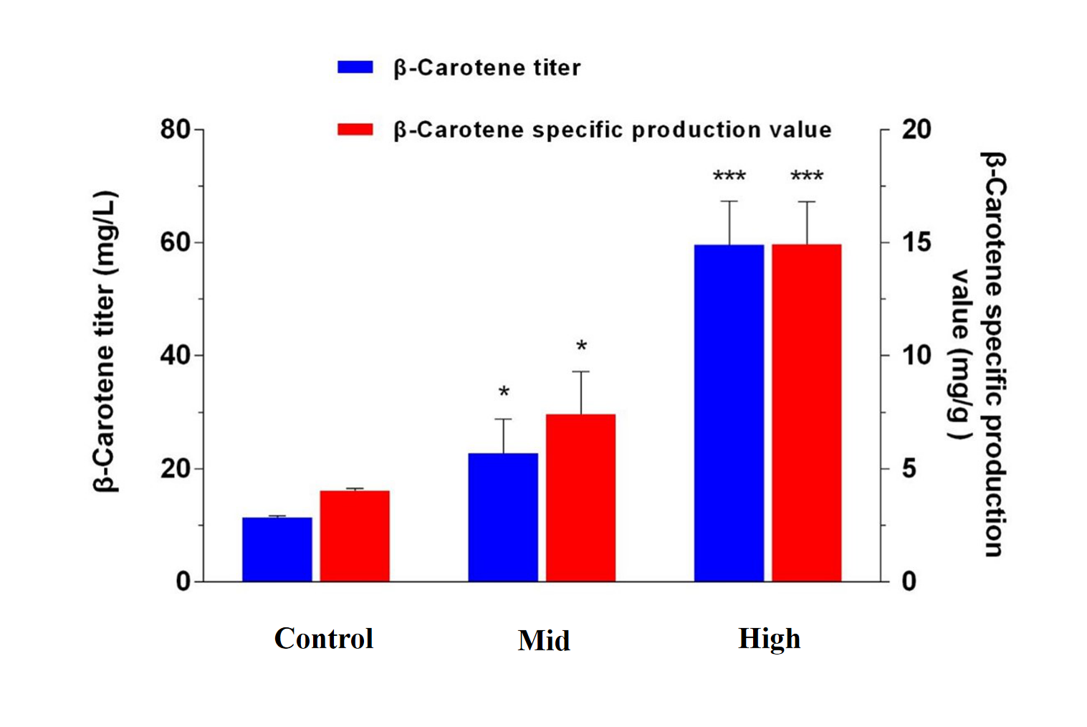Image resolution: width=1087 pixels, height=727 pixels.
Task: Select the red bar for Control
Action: point(355,536)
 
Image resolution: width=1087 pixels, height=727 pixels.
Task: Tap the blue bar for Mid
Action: point(503,517)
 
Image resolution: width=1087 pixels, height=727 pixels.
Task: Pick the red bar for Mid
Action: point(580,498)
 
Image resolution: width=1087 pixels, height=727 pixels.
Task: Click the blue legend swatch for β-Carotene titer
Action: point(355,67)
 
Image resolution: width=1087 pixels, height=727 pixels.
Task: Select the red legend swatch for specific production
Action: point(355,130)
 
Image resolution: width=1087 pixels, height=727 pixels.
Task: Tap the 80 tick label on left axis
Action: point(175,130)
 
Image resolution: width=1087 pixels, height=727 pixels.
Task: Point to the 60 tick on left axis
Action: point(175,242)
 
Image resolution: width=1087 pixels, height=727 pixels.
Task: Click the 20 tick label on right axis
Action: point(916,130)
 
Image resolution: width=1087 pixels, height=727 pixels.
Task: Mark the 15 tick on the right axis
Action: point(916,242)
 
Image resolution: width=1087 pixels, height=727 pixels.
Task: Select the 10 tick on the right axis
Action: point(916,355)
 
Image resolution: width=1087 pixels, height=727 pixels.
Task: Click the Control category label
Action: point(324,638)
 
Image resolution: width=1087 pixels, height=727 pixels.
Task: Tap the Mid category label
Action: point(544,640)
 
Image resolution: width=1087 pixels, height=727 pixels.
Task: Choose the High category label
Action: point(769,638)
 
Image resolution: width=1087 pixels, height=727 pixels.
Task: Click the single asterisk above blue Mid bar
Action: point(504,392)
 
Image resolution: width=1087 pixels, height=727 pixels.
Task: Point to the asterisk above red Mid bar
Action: point(581,347)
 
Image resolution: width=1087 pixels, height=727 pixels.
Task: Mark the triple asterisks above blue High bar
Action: point(729,176)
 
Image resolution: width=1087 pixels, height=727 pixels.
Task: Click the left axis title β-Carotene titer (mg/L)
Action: point(105,341)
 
